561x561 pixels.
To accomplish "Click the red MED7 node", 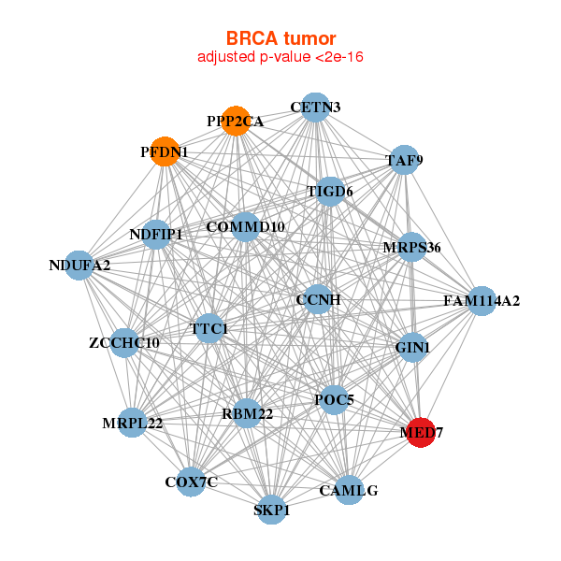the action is click(421, 432).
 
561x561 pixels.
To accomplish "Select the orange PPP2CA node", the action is click(237, 121).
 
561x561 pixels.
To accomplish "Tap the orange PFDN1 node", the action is click(165, 151).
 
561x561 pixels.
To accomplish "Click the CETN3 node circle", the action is click(316, 107).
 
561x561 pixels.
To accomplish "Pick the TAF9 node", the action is click(404, 160).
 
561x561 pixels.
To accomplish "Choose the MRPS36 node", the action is click(411, 247).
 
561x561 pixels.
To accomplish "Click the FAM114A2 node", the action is click(482, 300).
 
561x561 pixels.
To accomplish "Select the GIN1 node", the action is click(412, 348).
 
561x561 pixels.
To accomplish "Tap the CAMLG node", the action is click(349, 490).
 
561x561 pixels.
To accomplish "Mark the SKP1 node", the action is click(272, 510).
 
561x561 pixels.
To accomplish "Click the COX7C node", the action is click(192, 482).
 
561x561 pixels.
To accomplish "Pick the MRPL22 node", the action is click(133, 424).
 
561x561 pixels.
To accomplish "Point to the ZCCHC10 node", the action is click(124, 343).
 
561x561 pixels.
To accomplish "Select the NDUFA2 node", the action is click(80, 266).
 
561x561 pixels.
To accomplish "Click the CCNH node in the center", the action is click(318, 299).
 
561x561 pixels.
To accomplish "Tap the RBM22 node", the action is click(247, 413).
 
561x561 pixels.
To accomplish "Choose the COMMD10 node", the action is click(245, 226).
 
